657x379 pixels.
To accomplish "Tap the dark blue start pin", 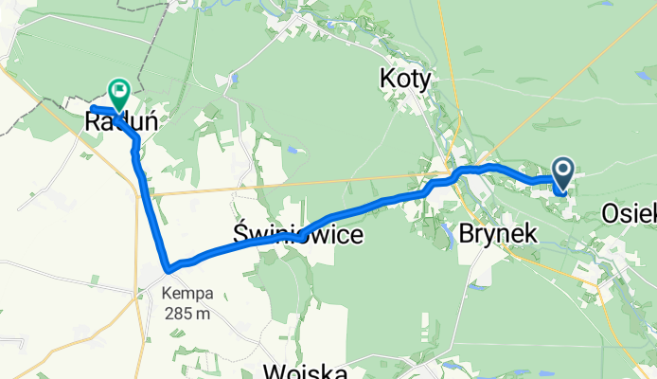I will click(x=563, y=173).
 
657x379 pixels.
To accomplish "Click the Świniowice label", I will click(x=296, y=234).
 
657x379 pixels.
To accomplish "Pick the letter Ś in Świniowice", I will click(x=240, y=233).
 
